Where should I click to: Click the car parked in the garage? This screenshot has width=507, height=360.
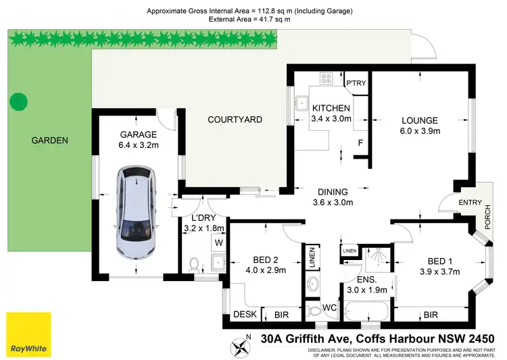(x=137, y=215)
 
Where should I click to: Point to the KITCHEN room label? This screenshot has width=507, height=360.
(x=331, y=108)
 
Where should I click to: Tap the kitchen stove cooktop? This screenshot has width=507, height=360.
(x=327, y=78)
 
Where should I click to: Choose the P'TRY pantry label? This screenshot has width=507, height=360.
(x=356, y=83)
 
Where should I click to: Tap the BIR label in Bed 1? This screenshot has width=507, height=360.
(x=430, y=314)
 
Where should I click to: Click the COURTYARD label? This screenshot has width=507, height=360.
(x=235, y=120)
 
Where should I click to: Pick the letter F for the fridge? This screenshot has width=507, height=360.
(x=360, y=143)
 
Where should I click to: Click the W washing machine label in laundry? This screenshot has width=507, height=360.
(x=218, y=242)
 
